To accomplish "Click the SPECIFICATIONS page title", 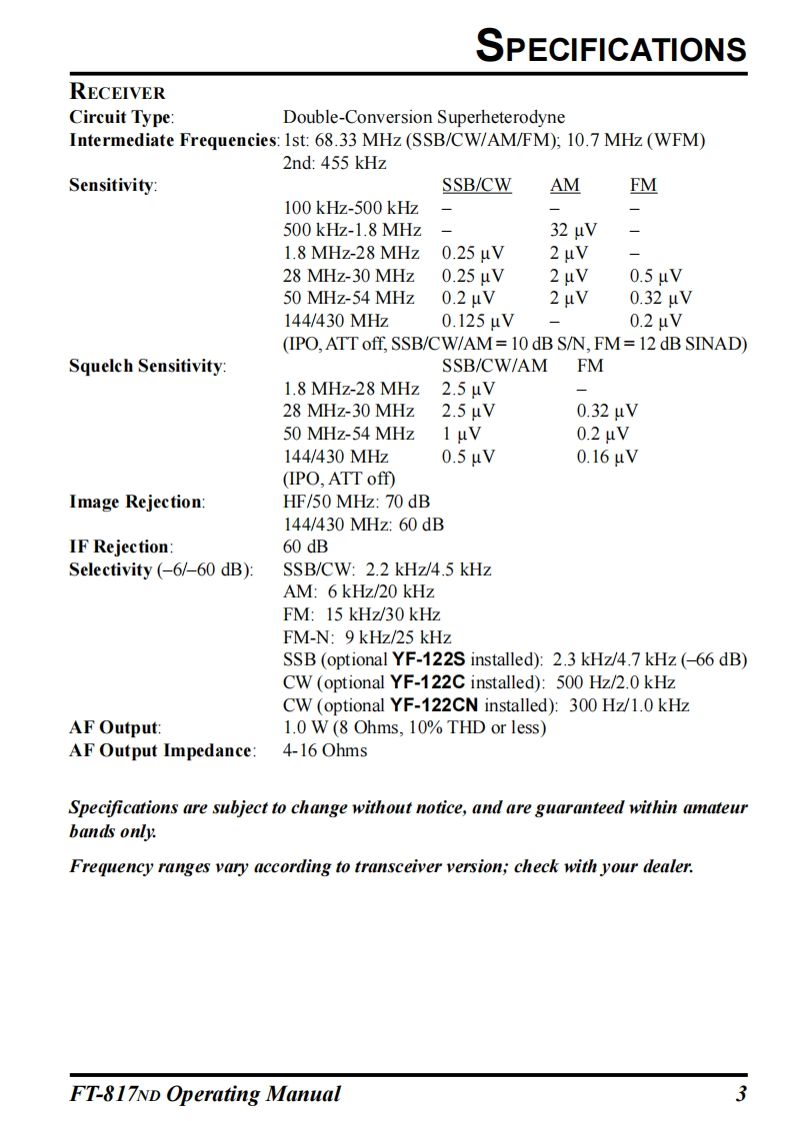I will [x=611, y=47].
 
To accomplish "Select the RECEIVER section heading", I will [x=117, y=94].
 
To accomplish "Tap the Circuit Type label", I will [x=121, y=117].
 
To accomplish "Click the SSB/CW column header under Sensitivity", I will [x=476, y=186].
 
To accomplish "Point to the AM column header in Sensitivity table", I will [x=565, y=186].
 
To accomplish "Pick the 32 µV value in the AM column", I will [x=573, y=231].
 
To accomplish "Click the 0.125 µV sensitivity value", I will [x=478, y=321].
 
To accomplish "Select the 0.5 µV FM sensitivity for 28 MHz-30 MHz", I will [x=656, y=276].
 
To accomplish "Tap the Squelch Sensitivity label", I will [x=147, y=366].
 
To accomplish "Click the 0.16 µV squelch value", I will [x=607, y=457].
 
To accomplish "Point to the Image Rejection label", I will [x=136, y=502].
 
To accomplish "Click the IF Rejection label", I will [x=120, y=547].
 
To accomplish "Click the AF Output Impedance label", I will [x=161, y=750].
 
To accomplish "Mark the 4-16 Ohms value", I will [x=325, y=750].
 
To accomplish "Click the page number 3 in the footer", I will [x=741, y=1094].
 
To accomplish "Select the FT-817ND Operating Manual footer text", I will [x=204, y=1094].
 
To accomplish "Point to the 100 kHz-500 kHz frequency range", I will [x=351, y=208].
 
